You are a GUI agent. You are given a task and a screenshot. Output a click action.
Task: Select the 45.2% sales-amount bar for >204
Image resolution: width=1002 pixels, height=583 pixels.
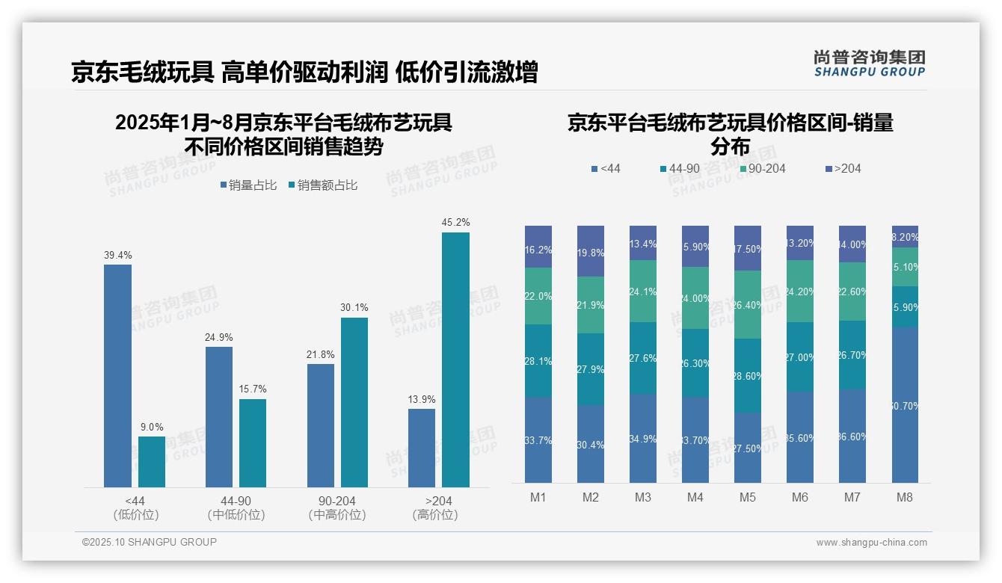point(455,360)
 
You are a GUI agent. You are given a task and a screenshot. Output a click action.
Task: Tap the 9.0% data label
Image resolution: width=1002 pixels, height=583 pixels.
point(152,428)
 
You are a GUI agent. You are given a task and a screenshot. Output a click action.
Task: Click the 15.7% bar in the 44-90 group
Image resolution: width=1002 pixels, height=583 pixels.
point(253,442)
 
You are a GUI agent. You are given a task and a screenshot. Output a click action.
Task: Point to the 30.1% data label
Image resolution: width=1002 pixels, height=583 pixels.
point(354,308)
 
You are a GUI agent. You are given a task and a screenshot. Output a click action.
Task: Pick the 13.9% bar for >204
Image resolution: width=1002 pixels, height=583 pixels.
point(421,448)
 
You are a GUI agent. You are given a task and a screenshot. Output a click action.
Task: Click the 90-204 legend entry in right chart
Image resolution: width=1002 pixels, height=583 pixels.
point(762,169)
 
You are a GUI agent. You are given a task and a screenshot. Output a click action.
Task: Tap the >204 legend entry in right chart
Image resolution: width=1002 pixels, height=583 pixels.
point(843,169)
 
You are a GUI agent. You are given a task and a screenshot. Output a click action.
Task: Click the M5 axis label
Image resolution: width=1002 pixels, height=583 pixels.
point(748,498)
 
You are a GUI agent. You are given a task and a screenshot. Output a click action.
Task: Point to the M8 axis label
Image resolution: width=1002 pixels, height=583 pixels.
point(905,498)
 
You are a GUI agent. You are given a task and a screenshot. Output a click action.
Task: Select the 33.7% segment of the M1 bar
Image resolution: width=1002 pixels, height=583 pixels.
point(538,440)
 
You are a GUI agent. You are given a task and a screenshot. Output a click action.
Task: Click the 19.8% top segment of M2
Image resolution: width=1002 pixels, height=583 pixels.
point(590,251)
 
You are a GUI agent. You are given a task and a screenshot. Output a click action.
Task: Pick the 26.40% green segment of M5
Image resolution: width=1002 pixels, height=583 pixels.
point(748,304)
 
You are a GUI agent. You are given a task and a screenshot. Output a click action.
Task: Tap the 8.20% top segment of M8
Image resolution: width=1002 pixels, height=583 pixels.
point(905,236)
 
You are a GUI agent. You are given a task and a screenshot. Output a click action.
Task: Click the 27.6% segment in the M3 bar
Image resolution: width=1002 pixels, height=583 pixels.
point(642,358)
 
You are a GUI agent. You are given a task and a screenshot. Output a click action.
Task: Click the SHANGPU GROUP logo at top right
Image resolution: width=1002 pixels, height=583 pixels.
point(869,64)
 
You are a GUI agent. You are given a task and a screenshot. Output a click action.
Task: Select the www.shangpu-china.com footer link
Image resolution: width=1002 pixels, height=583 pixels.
point(871,543)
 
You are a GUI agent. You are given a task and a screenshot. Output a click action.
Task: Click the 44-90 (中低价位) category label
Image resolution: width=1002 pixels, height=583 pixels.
point(236,508)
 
